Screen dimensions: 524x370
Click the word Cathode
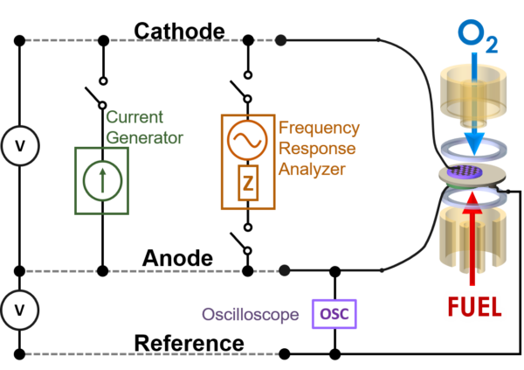(x=179, y=31)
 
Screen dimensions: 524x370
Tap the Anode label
(x=177, y=258)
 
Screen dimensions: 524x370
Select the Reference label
(x=190, y=343)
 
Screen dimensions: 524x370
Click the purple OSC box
(x=334, y=314)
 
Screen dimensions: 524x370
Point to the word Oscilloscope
(x=251, y=314)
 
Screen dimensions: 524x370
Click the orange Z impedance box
(x=248, y=183)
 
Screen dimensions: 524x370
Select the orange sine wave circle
(x=247, y=140)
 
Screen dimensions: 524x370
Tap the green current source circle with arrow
(x=102, y=181)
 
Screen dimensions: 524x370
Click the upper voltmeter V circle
(x=20, y=146)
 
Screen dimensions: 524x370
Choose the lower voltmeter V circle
(x=20, y=310)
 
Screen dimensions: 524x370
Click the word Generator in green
(x=145, y=137)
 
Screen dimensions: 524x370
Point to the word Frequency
(x=319, y=129)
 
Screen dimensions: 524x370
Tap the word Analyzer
(x=312, y=170)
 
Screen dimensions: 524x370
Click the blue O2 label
(x=478, y=36)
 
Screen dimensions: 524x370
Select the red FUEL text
(x=474, y=307)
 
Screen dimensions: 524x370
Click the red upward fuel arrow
(x=472, y=239)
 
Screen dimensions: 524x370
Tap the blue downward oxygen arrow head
(x=474, y=143)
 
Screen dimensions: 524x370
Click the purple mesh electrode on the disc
(x=465, y=171)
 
